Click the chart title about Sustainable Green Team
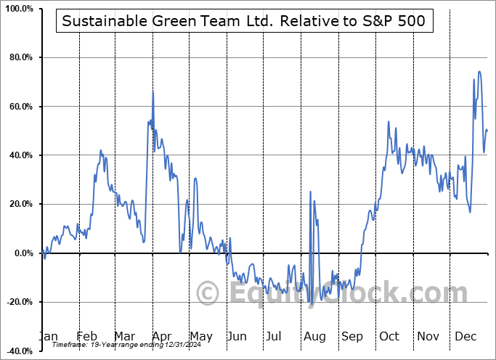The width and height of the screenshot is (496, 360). coord(243,21)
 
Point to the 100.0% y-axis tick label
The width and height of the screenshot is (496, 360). coord(17,9)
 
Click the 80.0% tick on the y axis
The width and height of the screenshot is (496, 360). coord(18,57)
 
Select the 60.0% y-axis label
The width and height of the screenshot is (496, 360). coord(18,107)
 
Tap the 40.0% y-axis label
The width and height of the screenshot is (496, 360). coord(18,155)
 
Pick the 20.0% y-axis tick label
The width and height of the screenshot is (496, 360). coord(18,204)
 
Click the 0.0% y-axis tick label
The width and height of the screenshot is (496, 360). coord(20,253)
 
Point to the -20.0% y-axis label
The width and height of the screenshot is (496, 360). coord(17,302)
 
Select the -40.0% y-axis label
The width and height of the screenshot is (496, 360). coord(17,351)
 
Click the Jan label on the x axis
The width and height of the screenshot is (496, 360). coord(49,337)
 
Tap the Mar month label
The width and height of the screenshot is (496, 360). coord(124,337)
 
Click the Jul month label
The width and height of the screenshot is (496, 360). coord(274,337)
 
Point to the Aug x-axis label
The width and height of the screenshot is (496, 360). coord(314,337)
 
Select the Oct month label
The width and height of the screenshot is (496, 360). coord(389,337)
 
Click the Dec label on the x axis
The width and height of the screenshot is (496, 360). coord(465,337)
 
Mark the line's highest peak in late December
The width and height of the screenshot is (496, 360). coord(479,71)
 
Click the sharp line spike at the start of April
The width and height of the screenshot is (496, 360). coord(153,91)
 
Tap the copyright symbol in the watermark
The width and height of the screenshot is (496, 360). coord(209,294)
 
